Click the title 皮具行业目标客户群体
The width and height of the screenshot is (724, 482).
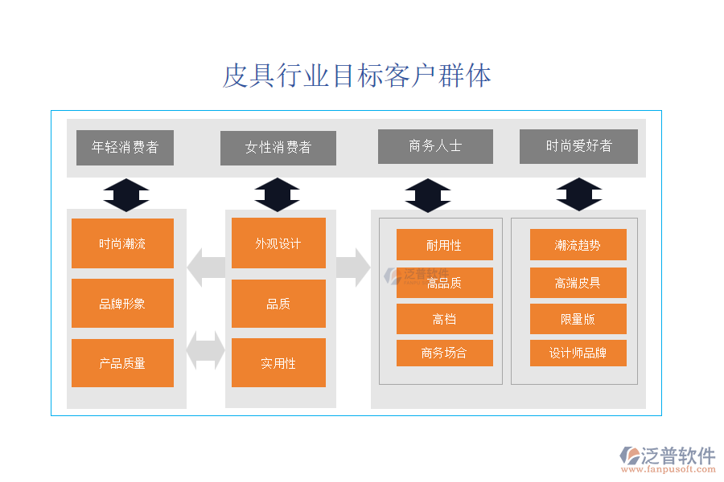click(x=356, y=76)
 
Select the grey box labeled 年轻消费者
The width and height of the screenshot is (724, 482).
click(x=125, y=147)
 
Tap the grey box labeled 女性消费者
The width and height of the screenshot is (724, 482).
click(x=278, y=148)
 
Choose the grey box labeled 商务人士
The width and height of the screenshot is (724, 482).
click(x=435, y=146)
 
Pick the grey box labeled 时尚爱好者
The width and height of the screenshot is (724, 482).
click(x=578, y=146)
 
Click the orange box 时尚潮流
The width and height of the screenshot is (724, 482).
click(x=122, y=243)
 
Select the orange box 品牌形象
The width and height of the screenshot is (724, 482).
click(x=122, y=304)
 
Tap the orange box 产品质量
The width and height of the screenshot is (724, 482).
click(x=122, y=363)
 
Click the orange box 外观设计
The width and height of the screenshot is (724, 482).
click(x=278, y=243)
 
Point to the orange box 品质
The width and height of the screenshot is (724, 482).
click(x=278, y=304)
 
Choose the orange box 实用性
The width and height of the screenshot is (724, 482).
click(x=278, y=363)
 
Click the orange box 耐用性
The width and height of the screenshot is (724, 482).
click(x=444, y=245)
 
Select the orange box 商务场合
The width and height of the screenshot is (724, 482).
click(x=444, y=353)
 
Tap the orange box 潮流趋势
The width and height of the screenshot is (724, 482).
click(x=578, y=245)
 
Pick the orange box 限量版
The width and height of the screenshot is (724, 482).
click(x=578, y=319)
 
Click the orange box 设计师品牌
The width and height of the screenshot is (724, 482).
click(x=578, y=353)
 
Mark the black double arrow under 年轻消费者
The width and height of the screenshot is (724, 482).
click(x=126, y=195)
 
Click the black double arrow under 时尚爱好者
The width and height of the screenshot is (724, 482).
click(x=579, y=194)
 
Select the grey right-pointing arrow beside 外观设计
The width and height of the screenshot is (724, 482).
click(x=352, y=268)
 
